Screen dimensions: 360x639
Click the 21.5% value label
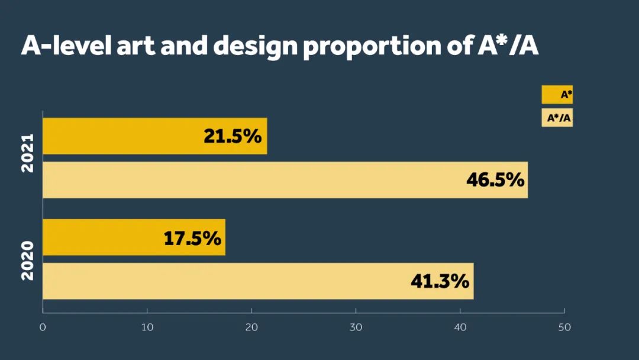pos(233,136)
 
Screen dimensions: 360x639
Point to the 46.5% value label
pos(495,180)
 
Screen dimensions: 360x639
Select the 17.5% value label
pos(192,238)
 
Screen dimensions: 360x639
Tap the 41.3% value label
pos(440,281)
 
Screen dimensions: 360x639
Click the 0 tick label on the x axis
pos(43,327)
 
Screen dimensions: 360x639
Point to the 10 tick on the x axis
pos(147,327)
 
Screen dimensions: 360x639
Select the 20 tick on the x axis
pos(251,327)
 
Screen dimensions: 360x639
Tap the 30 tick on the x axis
pos(356,327)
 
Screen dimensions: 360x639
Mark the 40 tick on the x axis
pos(460,327)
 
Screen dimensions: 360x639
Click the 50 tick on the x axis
pos(564,327)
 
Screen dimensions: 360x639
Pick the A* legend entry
pos(557,95)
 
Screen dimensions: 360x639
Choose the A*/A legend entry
pos(557,118)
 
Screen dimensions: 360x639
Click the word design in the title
pos(255,46)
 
